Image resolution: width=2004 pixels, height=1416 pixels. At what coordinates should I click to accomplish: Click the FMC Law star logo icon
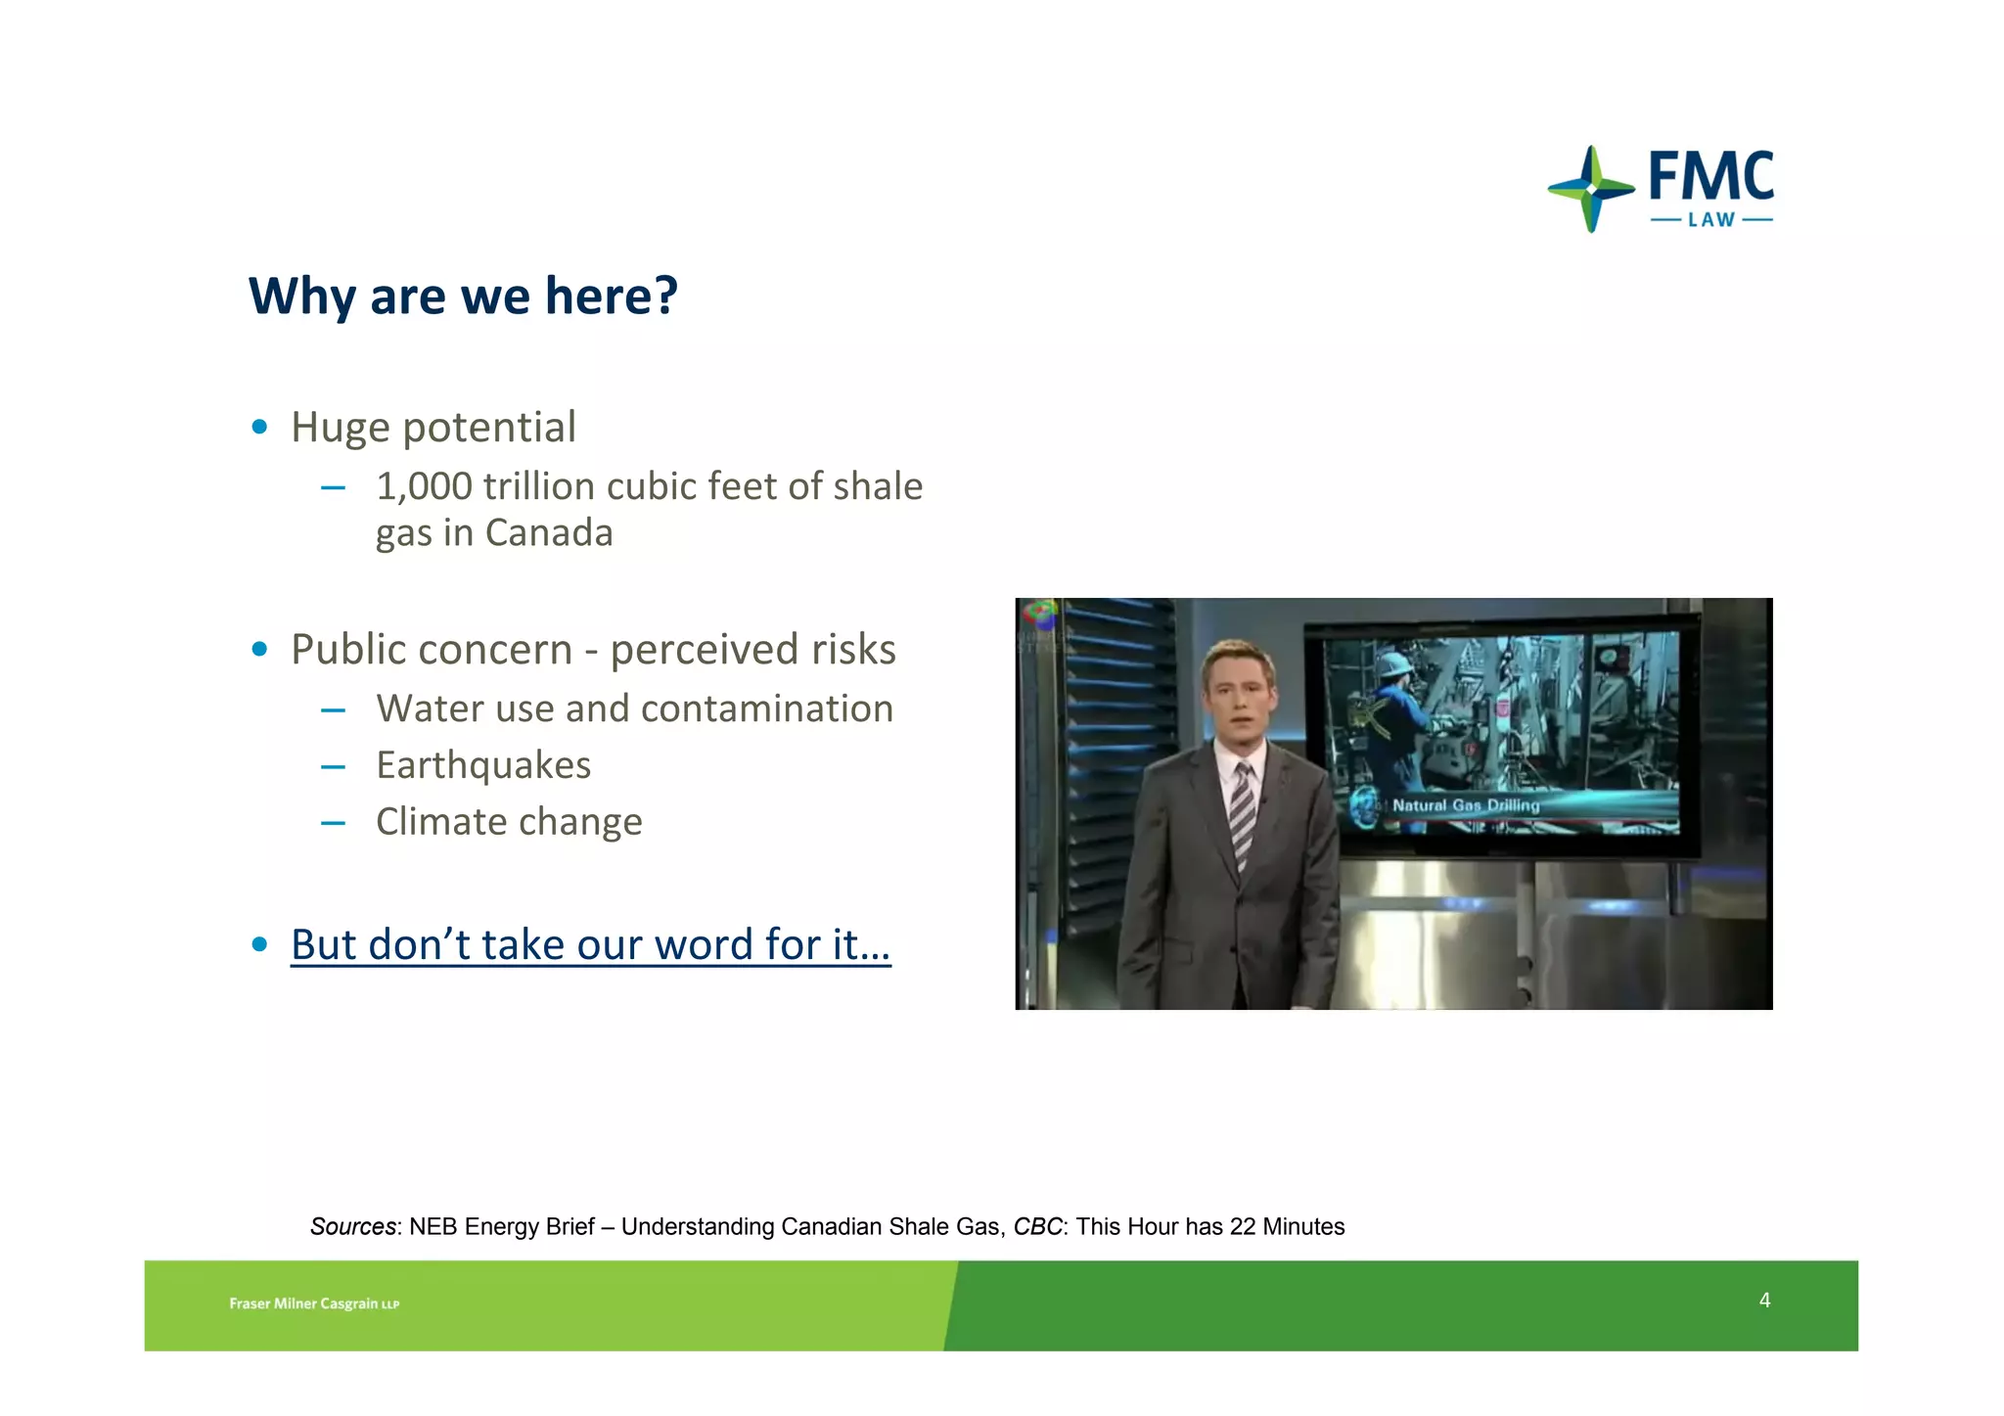(1591, 188)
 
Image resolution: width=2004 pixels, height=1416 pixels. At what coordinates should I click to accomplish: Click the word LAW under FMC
(1711, 220)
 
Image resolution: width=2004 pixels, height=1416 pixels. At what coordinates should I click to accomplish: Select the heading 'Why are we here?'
(463, 296)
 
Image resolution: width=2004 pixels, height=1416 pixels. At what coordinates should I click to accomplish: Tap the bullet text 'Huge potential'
(433, 427)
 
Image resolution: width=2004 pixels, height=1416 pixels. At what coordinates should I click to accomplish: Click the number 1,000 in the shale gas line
(424, 486)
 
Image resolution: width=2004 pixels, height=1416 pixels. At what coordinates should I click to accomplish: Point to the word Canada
(549, 533)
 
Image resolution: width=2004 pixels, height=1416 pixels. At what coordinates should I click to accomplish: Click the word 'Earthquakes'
(483, 765)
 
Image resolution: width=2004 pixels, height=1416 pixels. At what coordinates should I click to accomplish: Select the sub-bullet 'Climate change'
(509, 822)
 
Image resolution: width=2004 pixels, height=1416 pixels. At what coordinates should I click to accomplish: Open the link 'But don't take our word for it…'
(590, 944)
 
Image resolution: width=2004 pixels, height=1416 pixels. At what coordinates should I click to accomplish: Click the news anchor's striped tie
(1242, 812)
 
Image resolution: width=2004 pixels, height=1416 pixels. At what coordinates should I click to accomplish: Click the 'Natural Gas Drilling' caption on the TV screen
(1465, 805)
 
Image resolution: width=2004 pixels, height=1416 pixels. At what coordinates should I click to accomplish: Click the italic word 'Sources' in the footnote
(353, 1227)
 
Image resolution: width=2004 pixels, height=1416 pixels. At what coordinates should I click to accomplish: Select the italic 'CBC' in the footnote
(1037, 1227)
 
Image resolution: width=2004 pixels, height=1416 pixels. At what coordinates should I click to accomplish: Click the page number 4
(1764, 1301)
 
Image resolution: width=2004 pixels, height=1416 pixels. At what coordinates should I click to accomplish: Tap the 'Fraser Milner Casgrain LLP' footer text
(314, 1303)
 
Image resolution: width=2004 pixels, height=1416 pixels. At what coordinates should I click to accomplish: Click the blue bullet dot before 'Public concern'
(259, 650)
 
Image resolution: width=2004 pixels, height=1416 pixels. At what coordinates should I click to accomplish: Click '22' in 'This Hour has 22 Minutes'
(1243, 1227)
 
